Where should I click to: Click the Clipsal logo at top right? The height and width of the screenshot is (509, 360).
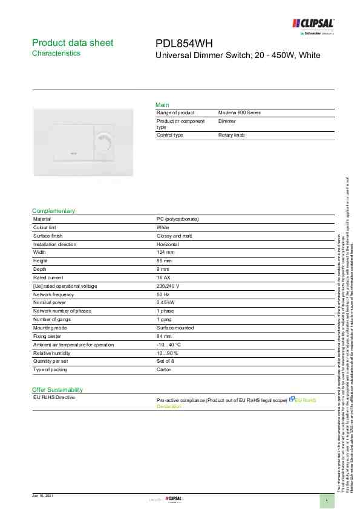click(313, 24)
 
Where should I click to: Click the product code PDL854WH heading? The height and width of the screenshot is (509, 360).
click(185, 43)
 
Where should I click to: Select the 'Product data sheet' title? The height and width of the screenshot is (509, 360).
click(72, 43)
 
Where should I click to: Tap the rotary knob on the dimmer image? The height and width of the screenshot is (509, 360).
click(104, 144)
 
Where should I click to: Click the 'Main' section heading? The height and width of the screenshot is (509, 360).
click(162, 105)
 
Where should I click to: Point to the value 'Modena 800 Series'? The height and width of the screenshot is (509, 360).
click(240, 113)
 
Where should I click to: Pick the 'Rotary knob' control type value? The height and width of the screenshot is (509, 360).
click(232, 135)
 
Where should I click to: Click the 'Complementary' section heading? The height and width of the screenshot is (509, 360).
click(53, 211)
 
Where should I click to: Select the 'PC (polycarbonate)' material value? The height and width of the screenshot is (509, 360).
click(178, 219)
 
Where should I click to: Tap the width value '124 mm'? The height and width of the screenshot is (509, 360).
click(165, 252)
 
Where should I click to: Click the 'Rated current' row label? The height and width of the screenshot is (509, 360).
click(49, 277)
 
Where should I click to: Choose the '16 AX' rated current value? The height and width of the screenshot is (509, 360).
click(163, 277)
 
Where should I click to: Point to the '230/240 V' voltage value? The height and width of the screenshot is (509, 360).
click(168, 286)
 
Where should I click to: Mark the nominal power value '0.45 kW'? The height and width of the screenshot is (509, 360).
click(166, 302)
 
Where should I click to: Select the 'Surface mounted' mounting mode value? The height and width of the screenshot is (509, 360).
click(175, 328)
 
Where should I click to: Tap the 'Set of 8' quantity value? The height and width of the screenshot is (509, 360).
click(165, 361)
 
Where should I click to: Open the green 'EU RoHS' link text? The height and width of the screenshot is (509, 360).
click(305, 400)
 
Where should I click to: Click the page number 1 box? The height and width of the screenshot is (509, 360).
click(327, 501)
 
